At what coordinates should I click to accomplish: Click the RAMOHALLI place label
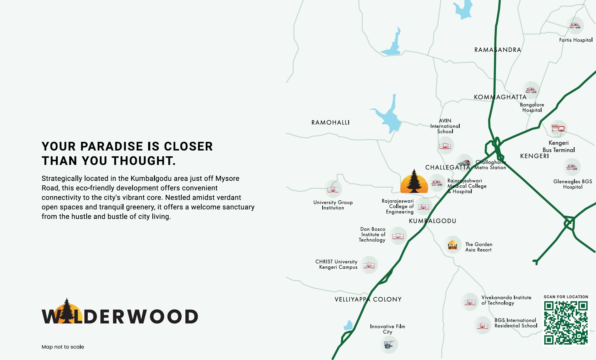pyautogui.click(x=330, y=122)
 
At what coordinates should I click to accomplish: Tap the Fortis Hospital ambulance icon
pyautogui.click(x=575, y=26)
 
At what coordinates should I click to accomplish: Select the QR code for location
pyautogui.click(x=566, y=323)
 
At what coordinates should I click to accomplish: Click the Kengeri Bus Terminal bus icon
pyautogui.click(x=558, y=129)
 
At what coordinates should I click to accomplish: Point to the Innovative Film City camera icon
pyautogui.click(x=389, y=344)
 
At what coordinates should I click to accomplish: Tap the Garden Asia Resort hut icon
pyautogui.click(x=453, y=245)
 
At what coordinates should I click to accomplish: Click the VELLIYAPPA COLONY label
pyautogui.click(x=368, y=299)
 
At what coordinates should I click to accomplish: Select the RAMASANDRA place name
pyautogui.click(x=498, y=50)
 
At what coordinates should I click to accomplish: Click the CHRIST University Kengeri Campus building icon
pyautogui.click(x=369, y=265)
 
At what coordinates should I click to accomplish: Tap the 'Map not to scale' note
pyautogui.click(x=63, y=347)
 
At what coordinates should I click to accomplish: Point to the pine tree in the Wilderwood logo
pyautogui.click(x=67, y=310)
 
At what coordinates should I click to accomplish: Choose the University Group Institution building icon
pyautogui.click(x=333, y=189)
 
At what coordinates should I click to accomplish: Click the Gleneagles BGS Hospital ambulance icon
pyautogui.click(x=572, y=167)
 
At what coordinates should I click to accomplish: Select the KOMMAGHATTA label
pyautogui.click(x=500, y=97)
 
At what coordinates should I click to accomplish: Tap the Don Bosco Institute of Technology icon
pyautogui.click(x=398, y=236)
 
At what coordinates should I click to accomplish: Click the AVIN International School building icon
pyautogui.click(x=445, y=146)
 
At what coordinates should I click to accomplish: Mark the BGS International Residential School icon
pyautogui.click(x=482, y=325)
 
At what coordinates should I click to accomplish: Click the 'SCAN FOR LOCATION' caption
pyautogui.click(x=566, y=297)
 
